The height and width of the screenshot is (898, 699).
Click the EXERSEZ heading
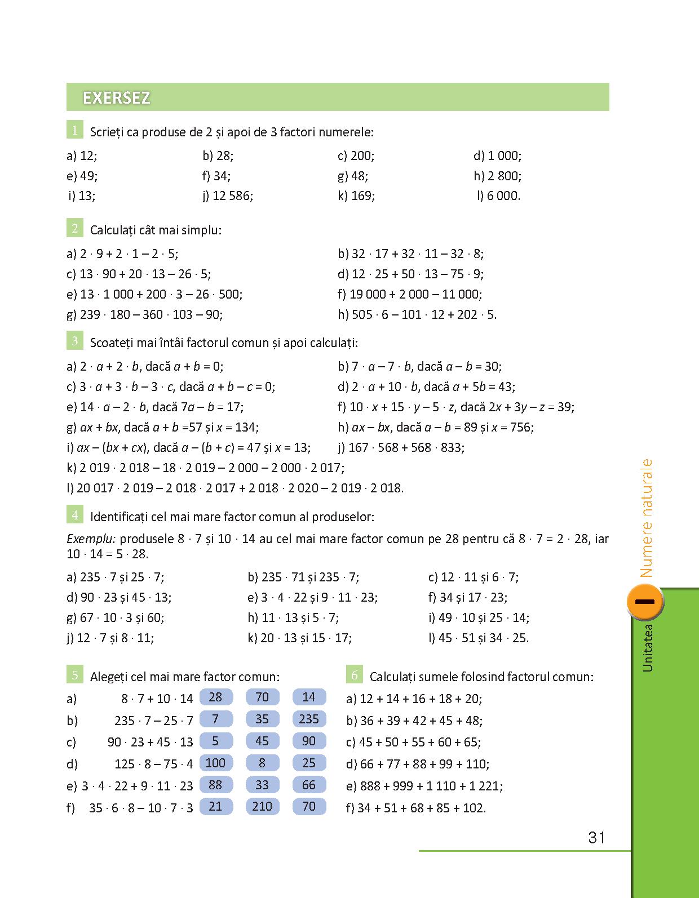117,98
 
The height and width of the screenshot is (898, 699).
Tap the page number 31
596,838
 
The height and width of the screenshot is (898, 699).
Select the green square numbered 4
74,514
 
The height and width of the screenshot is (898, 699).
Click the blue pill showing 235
309,719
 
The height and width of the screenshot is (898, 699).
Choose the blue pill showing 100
215,763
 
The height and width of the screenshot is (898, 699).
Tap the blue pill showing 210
262,806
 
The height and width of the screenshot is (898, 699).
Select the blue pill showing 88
215,785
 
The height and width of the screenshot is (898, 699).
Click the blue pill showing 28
215,697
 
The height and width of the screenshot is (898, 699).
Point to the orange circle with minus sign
644,602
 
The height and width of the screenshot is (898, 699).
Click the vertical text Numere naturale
646,518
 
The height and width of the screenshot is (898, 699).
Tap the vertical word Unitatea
647,648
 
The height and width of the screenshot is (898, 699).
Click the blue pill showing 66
309,785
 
